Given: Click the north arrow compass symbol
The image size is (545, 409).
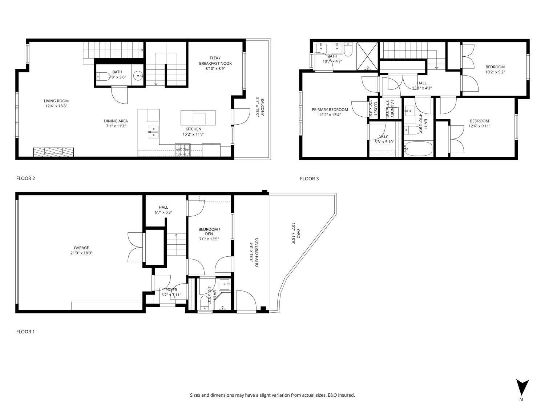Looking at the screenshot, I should click(522, 388).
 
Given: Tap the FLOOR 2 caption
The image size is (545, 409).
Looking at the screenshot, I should click(25, 178).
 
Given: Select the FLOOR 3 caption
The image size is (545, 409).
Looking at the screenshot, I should click(309, 179).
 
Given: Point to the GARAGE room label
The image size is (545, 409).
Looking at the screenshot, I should click(81, 248).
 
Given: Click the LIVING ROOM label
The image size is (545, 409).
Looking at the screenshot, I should click(56, 101).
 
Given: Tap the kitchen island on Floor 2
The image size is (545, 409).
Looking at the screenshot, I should click(198, 117).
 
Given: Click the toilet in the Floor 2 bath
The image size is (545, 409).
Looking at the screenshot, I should click(103, 77).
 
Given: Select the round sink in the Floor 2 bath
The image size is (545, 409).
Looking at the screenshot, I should click(138, 76).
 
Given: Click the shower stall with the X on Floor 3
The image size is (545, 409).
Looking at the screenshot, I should click(367, 56).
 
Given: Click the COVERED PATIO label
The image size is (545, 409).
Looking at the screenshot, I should click(257, 253).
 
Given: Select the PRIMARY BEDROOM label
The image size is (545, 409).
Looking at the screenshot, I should click(330, 109).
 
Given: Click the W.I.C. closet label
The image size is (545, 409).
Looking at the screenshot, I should click(384, 137).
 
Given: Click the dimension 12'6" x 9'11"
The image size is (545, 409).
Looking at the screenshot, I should click(479, 126).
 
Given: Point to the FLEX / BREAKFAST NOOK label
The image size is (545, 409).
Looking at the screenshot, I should click(215, 61).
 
